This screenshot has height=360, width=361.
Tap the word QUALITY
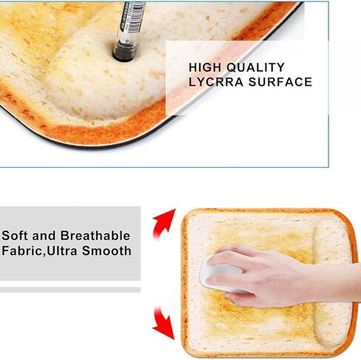(x=256, y=67)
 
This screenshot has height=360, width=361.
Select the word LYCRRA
(x=216, y=82)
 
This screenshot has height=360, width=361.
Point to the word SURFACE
(x=280, y=82)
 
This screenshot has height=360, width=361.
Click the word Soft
(x=15, y=236)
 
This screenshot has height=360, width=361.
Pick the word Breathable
(x=95, y=236)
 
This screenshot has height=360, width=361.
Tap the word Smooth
(x=107, y=251)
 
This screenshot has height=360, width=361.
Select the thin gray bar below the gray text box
(x=70, y=290)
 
